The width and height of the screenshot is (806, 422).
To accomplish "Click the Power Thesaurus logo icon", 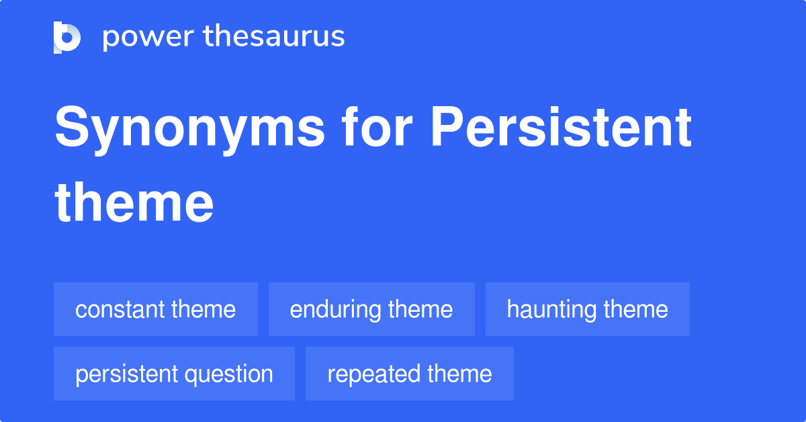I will pyautogui.click(x=67, y=37).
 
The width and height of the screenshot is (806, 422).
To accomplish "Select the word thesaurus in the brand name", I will pyautogui.click(x=274, y=37).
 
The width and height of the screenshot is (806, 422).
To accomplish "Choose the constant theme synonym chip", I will pyautogui.click(x=156, y=309).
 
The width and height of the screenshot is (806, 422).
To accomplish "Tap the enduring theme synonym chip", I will pyautogui.click(x=371, y=309).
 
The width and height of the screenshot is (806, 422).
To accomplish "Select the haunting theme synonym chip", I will pyautogui.click(x=587, y=309).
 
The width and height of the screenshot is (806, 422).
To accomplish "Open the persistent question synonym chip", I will pyautogui.click(x=174, y=374).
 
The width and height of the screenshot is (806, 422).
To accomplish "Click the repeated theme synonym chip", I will pyautogui.click(x=409, y=374).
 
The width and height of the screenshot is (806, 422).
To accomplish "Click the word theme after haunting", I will pyautogui.click(x=635, y=310).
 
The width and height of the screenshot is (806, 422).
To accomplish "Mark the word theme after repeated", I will pyautogui.click(x=459, y=374).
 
